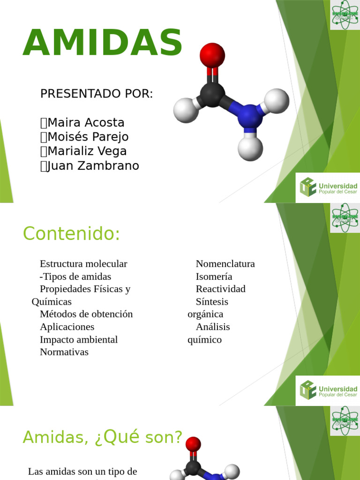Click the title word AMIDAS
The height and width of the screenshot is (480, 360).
point(103,44)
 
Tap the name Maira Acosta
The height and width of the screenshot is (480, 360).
point(86,123)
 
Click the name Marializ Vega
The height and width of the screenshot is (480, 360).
point(87,151)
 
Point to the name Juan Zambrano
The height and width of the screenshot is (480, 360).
point(93,166)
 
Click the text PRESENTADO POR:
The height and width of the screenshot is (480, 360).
point(97,94)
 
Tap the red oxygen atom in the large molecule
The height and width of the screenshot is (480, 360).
point(212,55)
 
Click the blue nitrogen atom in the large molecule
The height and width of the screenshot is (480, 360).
point(249,116)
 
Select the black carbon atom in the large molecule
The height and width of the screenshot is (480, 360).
point(212,93)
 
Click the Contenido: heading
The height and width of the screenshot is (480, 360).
point(72,233)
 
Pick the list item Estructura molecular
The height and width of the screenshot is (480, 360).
point(83,263)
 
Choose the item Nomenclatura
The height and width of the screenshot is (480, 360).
point(225,263)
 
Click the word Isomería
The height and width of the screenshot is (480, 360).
point(214,276)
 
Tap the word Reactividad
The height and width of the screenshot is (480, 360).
point(220,289)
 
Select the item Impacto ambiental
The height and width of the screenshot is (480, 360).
point(79,339)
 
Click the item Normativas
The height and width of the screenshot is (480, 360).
point(64,352)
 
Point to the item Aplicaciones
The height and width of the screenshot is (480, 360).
point(67,327)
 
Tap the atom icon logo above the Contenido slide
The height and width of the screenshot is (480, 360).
point(345,218)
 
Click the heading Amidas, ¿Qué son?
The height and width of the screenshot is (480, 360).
point(102,437)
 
